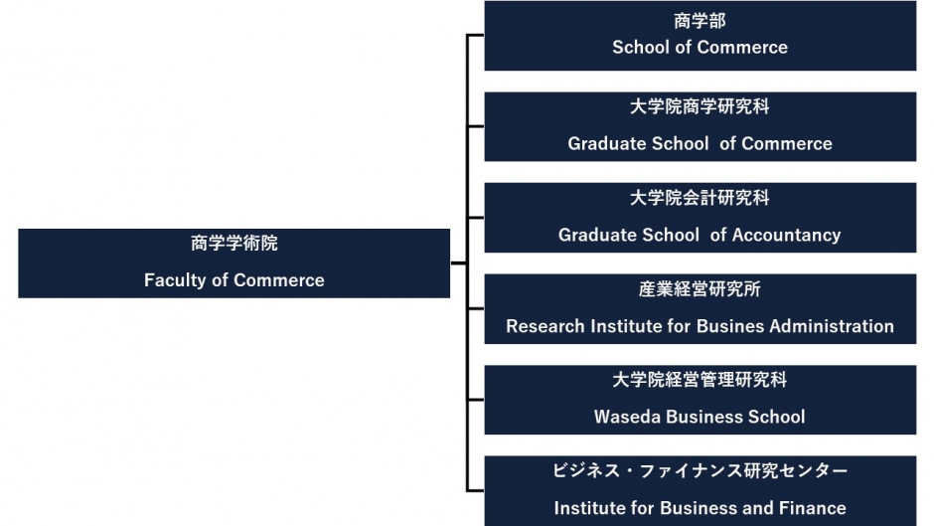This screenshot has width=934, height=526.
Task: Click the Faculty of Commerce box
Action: coord(234,263)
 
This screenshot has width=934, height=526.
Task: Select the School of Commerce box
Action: coord(700,36)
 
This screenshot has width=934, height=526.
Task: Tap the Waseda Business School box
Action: coord(700,400)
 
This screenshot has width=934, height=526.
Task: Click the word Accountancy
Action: coord(786,235)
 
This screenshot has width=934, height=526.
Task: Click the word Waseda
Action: coord(627,417)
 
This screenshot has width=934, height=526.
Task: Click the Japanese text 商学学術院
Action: coord(234,244)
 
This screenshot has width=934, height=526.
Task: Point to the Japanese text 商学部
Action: coord(700,21)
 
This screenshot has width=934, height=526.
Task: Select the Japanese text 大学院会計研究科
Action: coord(700,198)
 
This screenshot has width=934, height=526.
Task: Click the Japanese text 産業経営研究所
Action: coord(700,289)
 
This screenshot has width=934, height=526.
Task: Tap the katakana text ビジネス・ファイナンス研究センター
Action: coord(700,471)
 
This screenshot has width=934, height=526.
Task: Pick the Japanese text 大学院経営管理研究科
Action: coord(700,380)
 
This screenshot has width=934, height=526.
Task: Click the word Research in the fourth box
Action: coord(545,326)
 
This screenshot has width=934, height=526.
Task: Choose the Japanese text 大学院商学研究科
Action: coord(700,106)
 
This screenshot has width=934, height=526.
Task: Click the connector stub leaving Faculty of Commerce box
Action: coord(459,263)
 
